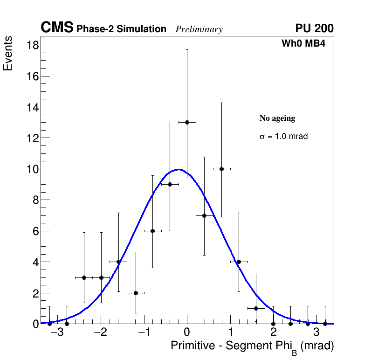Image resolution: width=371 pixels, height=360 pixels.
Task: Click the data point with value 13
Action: (x=187, y=122)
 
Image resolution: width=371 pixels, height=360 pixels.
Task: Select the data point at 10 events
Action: (x=221, y=169)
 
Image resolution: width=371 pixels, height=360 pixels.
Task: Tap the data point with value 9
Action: (x=170, y=184)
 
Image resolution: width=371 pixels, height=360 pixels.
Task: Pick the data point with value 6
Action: (x=152, y=231)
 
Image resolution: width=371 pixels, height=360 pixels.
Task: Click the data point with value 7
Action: (x=204, y=215)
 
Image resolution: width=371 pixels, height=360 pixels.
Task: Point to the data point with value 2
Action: (x=136, y=293)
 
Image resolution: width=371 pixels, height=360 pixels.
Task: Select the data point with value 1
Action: (x=256, y=308)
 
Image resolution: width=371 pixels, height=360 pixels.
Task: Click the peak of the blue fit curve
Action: (x=179, y=169)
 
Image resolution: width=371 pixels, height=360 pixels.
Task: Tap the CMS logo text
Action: (x=57, y=28)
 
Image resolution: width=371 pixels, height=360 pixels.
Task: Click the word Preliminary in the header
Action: (x=199, y=29)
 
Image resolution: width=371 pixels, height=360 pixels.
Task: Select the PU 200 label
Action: (x=314, y=28)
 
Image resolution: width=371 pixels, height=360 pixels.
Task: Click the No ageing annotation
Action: (x=277, y=118)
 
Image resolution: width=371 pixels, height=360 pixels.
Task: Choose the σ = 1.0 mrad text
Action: (x=283, y=137)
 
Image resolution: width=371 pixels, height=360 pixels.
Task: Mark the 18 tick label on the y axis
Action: (x=33, y=45)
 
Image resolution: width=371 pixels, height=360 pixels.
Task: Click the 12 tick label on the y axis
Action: (x=33, y=138)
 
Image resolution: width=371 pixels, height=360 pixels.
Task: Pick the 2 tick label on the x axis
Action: (x=273, y=333)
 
